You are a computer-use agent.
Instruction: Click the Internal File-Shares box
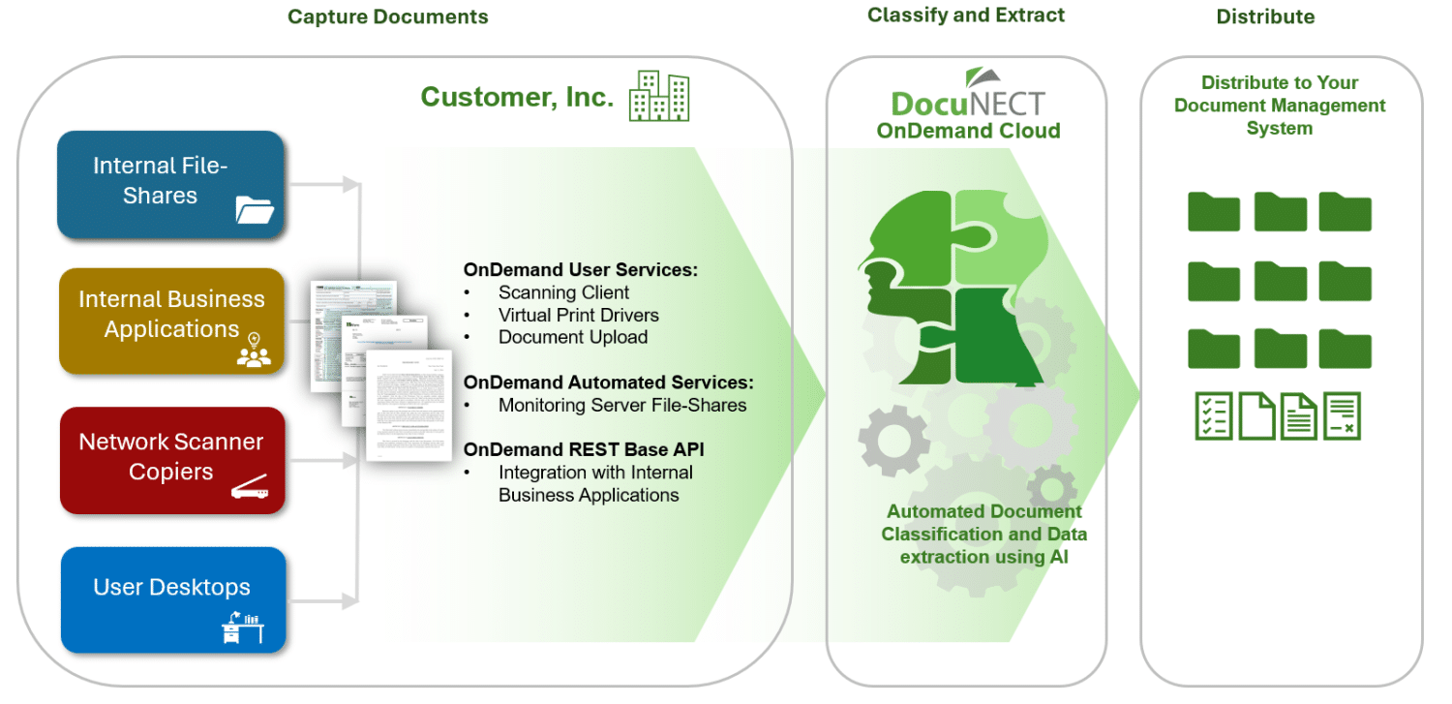tap(170, 184)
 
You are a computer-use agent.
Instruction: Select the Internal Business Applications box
tap(171, 321)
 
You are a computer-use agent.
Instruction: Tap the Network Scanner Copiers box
tap(171, 459)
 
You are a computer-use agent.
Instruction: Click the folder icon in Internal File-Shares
tap(256, 210)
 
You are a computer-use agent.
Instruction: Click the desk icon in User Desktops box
tap(242, 628)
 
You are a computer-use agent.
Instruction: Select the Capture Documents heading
tap(387, 16)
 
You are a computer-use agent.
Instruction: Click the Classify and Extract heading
tap(965, 15)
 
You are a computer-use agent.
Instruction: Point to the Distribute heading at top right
tap(1265, 16)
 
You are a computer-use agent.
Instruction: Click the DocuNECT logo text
tap(968, 103)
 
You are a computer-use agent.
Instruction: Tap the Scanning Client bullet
tap(563, 292)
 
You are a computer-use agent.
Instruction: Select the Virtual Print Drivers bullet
tap(578, 315)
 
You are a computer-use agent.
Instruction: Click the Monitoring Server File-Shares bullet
tap(621, 405)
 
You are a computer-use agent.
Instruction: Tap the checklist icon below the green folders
tap(1213, 415)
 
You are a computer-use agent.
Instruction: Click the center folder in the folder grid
tap(1280, 282)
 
